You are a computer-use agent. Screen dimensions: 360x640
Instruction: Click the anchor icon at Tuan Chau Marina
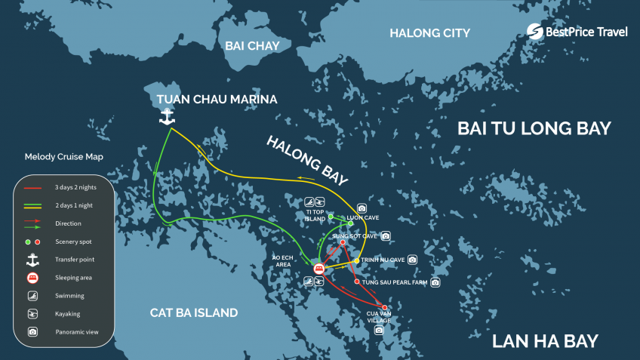point(166,117)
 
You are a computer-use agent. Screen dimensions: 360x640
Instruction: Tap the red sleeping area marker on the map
point(318,268)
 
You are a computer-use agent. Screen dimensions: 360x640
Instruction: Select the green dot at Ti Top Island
point(331,217)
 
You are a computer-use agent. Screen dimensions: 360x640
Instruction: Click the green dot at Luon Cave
point(350,223)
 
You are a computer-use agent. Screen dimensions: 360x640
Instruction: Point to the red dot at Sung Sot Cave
point(343,242)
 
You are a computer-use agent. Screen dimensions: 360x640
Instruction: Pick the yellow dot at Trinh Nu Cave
point(357,261)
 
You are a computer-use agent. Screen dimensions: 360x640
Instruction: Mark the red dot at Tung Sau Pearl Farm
point(356,282)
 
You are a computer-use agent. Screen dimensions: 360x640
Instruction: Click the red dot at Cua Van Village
point(385,307)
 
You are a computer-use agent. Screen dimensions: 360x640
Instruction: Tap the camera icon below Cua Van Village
point(379,330)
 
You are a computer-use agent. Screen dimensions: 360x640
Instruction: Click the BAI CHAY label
point(252,46)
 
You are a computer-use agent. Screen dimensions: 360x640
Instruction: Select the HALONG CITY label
point(429,33)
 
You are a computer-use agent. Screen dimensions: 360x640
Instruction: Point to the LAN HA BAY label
point(545,341)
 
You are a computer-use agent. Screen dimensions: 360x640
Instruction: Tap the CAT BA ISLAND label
point(193,312)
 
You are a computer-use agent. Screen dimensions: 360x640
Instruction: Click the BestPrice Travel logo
point(577,31)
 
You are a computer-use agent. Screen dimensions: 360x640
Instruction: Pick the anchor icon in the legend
point(32,259)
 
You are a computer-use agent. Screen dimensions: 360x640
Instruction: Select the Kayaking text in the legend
point(67,314)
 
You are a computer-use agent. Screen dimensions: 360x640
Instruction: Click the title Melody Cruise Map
point(63,157)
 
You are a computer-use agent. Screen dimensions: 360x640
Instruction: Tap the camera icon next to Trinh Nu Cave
point(412,260)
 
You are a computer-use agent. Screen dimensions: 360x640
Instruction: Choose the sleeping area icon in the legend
point(32,278)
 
